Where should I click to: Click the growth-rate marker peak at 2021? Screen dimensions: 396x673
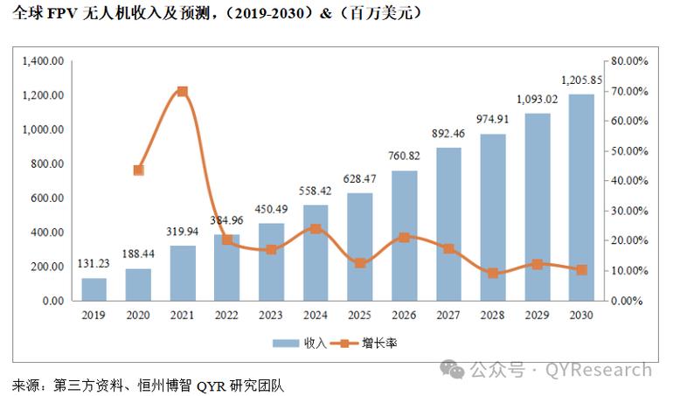(182, 91)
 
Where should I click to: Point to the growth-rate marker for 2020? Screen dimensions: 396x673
(138, 170)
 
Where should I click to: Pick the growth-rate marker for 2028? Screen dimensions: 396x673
(493, 273)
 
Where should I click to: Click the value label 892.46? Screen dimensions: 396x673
(448, 133)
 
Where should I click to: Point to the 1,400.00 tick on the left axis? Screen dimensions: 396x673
(44, 61)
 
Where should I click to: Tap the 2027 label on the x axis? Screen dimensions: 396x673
(448, 315)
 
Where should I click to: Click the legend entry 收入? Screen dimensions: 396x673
(299, 343)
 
